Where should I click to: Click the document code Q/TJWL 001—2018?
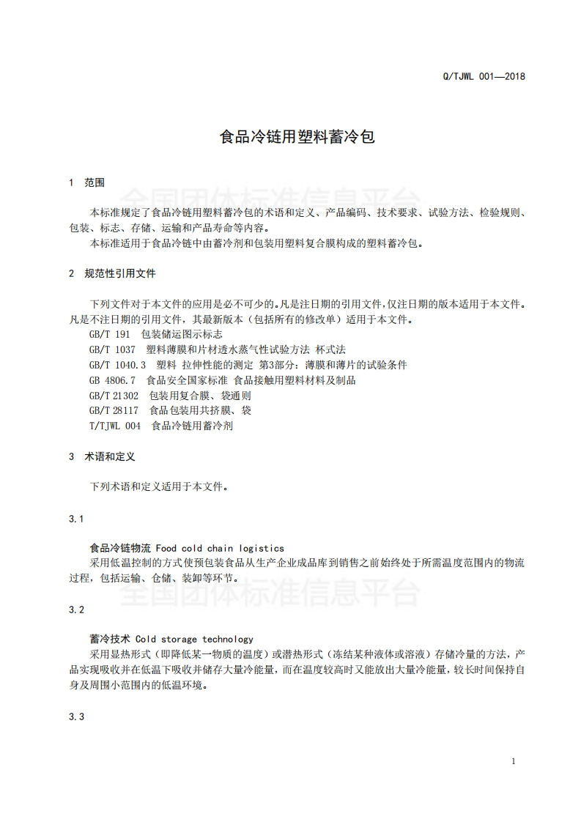[x=485, y=76]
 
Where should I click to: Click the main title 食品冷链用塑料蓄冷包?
[x=297, y=137]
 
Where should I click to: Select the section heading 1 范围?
[x=86, y=182]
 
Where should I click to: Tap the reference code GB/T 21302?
[x=114, y=396]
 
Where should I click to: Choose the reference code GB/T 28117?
[x=114, y=410]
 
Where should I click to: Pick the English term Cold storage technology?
[x=194, y=640]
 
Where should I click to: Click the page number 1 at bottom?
[x=514, y=761]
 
